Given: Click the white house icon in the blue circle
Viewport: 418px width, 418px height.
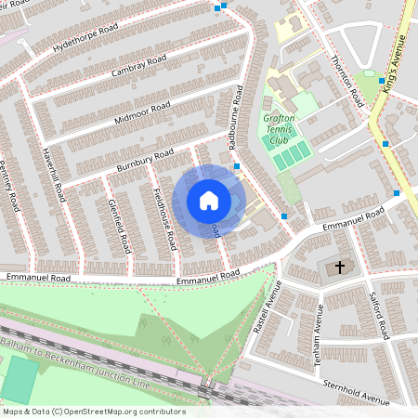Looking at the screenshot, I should pyautogui.click(x=209, y=200).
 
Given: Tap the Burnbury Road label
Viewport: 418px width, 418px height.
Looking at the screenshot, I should pyautogui.click(x=146, y=160).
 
